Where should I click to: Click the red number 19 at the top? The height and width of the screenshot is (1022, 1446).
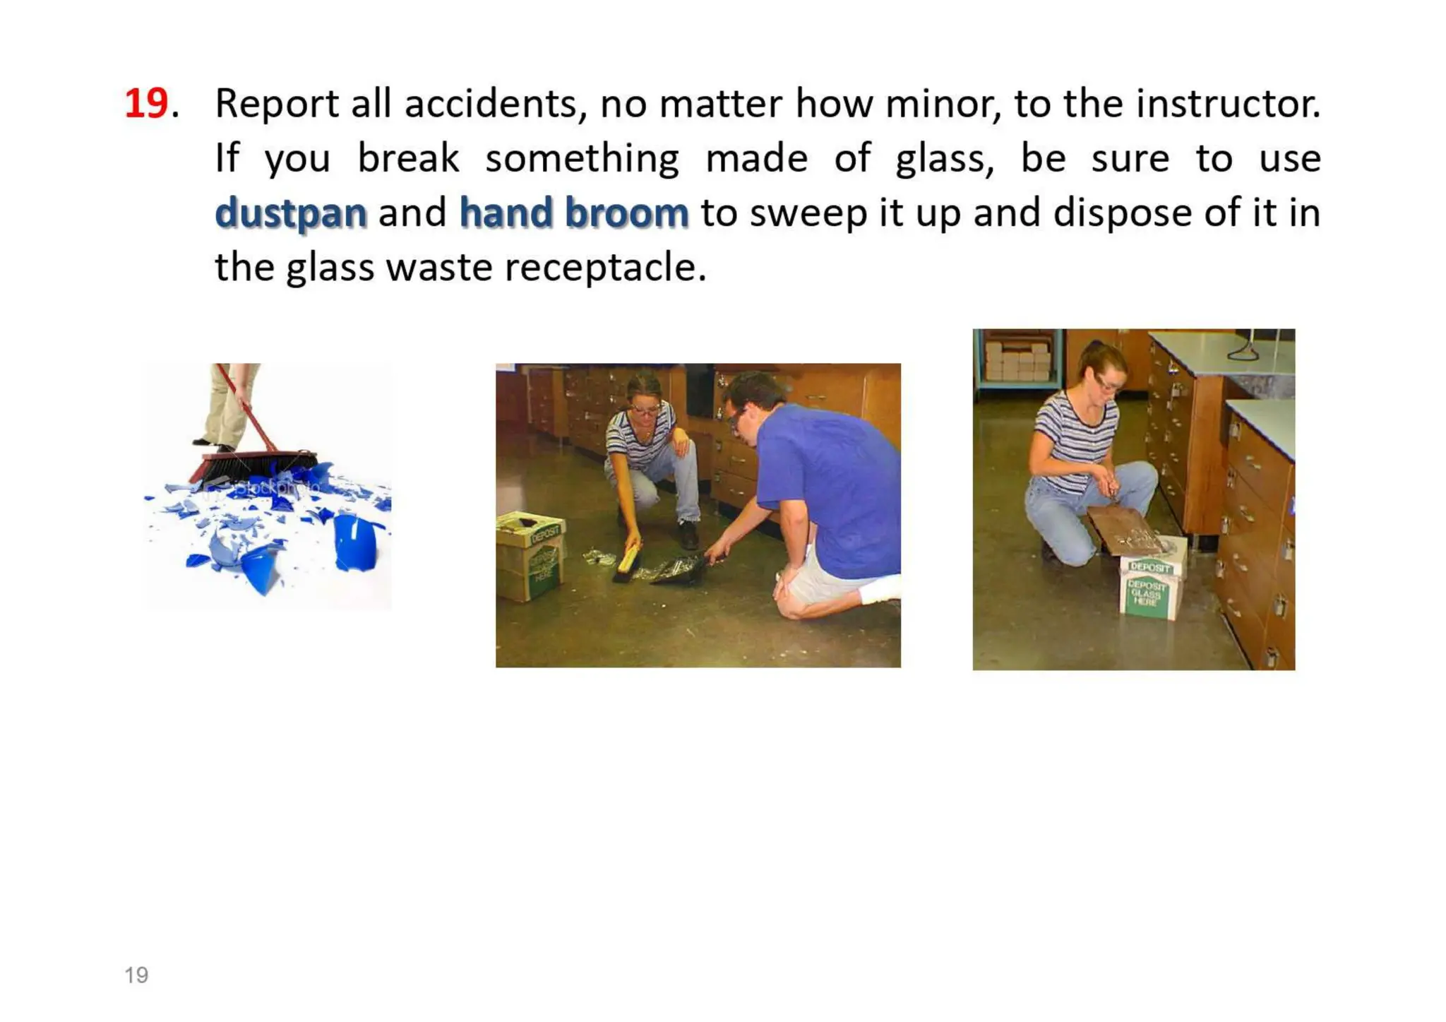[146, 104]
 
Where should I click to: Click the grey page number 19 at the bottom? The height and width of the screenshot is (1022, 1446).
[136, 975]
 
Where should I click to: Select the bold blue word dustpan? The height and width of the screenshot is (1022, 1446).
[291, 213]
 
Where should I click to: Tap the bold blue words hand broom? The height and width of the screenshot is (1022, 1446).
[573, 213]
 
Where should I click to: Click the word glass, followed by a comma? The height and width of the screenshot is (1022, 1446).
[944, 158]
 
